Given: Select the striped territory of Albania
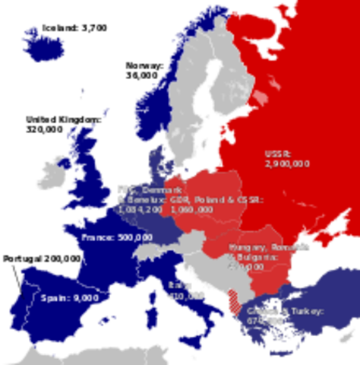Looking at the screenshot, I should pyautogui.click(x=238, y=308).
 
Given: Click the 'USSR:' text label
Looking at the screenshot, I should pyautogui.click(x=278, y=152).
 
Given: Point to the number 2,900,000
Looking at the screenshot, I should pyautogui.click(x=287, y=163).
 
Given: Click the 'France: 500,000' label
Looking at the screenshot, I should pyautogui.click(x=116, y=237).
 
